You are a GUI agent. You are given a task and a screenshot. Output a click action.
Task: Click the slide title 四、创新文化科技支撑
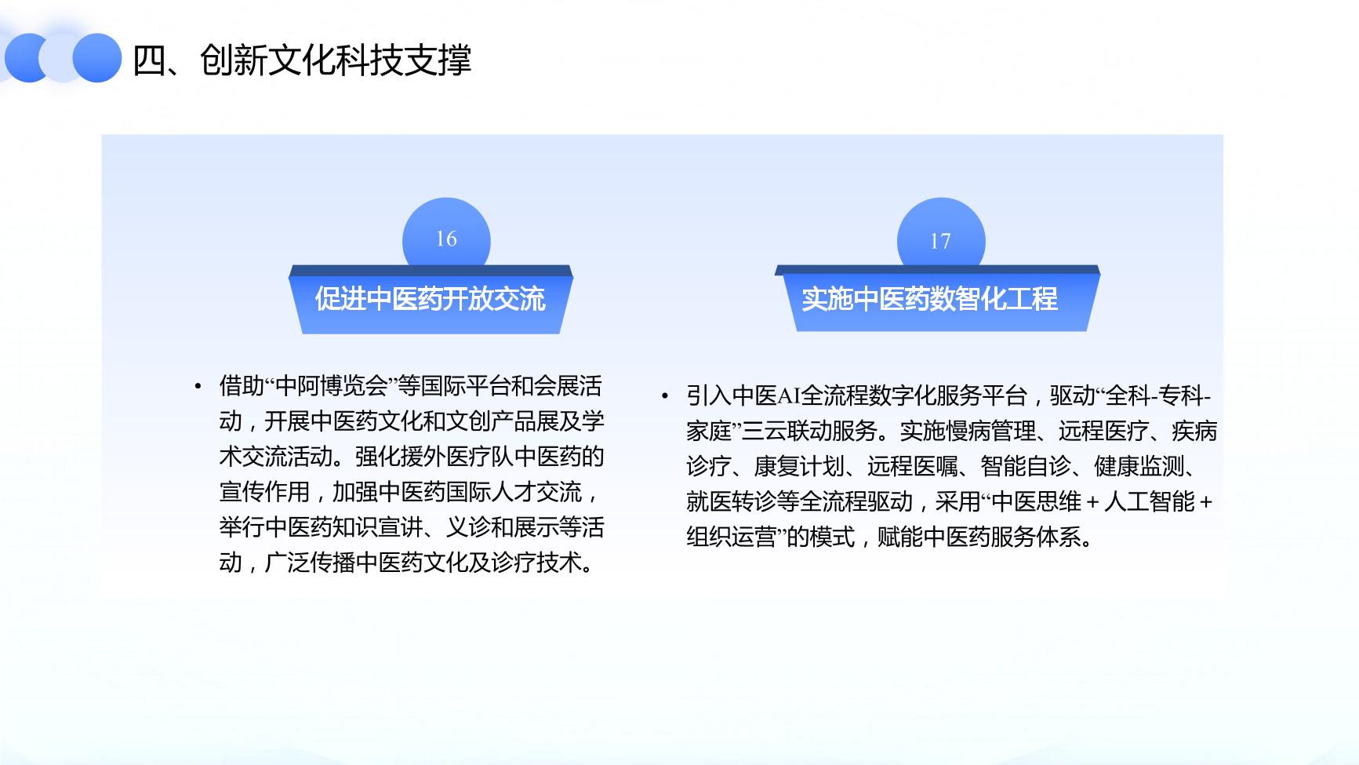(x=302, y=60)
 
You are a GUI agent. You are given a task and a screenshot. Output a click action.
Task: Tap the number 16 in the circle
(x=446, y=239)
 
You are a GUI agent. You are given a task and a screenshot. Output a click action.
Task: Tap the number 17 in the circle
(x=940, y=241)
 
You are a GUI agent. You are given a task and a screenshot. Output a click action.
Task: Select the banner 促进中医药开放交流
(x=431, y=299)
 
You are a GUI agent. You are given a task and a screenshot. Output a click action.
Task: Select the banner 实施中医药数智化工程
(x=937, y=298)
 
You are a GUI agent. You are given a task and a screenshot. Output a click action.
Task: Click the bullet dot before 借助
(x=198, y=387)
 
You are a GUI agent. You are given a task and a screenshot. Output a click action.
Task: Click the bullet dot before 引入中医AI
(x=665, y=396)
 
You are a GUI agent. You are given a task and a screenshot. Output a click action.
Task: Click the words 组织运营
(x=732, y=537)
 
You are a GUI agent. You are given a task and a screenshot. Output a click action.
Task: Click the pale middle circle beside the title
(x=63, y=58)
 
